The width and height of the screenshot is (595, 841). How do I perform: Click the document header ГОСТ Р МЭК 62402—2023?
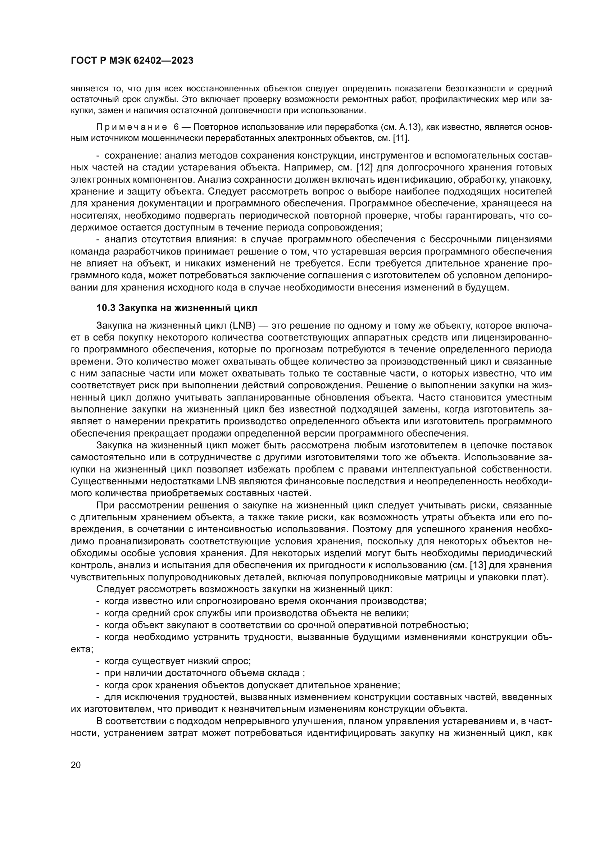pyautogui.click(x=132, y=61)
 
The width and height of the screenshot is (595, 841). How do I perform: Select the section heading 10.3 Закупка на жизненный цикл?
pyautogui.click(x=177, y=308)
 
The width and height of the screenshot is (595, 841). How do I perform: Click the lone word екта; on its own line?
pyautogui.click(x=82, y=649)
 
